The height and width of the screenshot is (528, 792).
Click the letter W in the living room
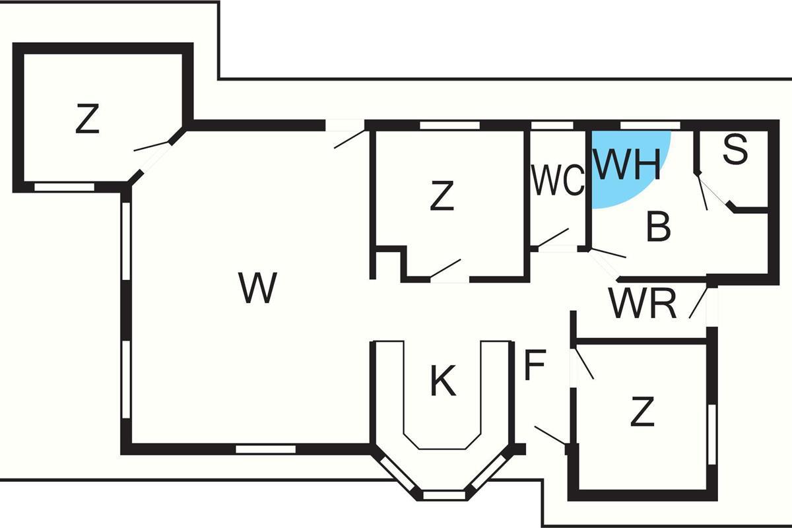[257, 288]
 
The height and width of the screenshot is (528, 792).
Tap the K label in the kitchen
[443, 381]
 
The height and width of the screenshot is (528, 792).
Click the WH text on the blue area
[627, 164]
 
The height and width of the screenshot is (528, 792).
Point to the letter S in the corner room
[735, 150]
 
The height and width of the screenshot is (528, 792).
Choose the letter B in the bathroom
[658, 226]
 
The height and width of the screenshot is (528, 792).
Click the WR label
[643, 304]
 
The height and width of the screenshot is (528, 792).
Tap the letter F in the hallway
[535, 366]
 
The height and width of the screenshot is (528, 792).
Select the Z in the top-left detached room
[86, 119]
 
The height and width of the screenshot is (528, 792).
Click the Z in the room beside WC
[442, 197]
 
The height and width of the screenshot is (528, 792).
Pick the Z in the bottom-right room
[642, 413]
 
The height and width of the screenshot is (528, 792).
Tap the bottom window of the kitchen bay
[444, 494]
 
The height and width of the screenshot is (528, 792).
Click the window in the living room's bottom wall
[265, 449]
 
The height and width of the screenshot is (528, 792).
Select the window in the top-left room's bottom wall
[64, 187]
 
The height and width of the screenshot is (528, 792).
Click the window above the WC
[552, 125]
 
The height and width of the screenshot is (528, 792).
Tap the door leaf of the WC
[553, 238]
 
